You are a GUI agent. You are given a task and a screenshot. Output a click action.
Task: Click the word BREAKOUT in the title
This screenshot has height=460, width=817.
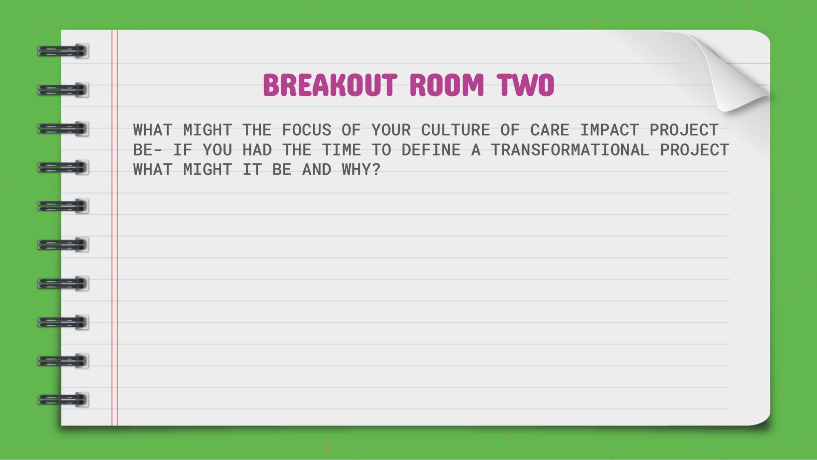[330, 85]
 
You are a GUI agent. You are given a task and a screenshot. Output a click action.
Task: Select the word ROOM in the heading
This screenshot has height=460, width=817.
[447, 85]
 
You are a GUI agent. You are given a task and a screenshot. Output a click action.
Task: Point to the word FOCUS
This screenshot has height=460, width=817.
[306, 130]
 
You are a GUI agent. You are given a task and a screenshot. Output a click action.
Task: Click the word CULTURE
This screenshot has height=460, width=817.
[455, 130]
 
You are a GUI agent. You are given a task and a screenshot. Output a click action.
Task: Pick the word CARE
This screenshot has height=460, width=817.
[550, 130]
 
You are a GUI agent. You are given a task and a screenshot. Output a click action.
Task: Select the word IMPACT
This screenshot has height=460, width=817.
[609, 130]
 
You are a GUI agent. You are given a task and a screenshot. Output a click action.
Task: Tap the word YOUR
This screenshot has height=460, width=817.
[391, 130]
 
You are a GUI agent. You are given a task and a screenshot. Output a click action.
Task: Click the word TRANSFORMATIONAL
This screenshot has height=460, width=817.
[570, 150]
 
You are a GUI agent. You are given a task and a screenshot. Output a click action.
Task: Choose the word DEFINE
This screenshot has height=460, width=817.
[431, 150]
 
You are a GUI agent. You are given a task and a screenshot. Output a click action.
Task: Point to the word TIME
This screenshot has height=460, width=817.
[341, 150]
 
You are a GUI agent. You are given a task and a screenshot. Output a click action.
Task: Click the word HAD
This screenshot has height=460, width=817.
[257, 150]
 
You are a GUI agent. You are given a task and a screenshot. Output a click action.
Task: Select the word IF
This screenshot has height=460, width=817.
[183, 150]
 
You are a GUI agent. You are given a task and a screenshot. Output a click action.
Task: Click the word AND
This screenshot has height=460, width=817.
[317, 170]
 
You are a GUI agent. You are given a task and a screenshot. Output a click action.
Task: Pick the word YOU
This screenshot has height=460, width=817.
[217, 150]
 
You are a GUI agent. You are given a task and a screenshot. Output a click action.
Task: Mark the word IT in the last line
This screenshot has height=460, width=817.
[252, 170]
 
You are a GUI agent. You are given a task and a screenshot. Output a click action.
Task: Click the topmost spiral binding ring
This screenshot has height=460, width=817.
[63, 51]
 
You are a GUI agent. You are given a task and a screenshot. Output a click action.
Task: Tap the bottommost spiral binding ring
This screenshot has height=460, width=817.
[63, 400]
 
